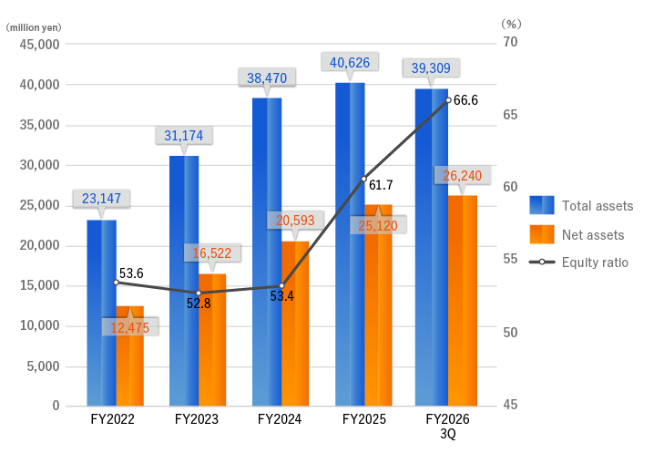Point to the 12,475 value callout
pyautogui.click(x=130, y=327)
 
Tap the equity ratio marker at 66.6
pyautogui.click(x=448, y=99)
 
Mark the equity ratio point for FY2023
pyautogui.click(x=199, y=293)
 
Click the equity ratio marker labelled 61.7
pyautogui.click(x=364, y=179)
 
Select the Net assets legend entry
pyautogui.click(x=582, y=234)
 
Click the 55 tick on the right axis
pyautogui.click(x=508, y=260)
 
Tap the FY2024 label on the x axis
pyautogui.click(x=281, y=419)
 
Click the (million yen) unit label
pyautogui.click(x=34, y=26)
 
